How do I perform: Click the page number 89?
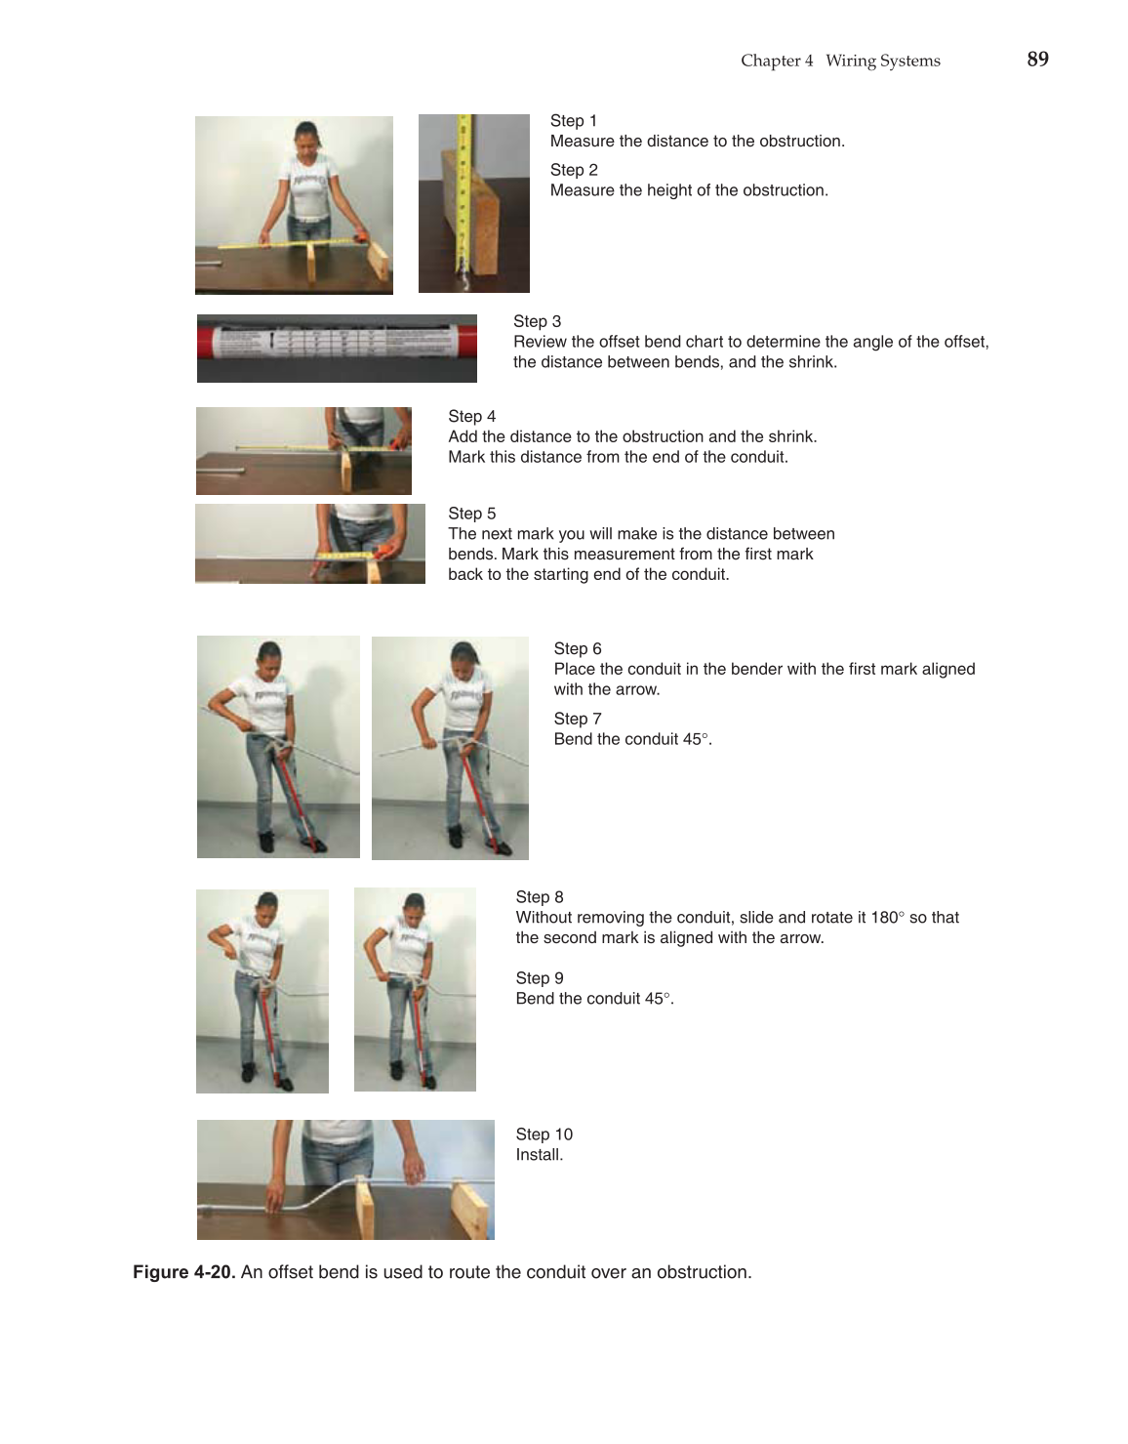(x=1037, y=60)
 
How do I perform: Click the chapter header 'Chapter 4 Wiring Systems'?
(x=840, y=61)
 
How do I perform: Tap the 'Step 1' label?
(x=573, y=121)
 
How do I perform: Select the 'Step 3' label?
(x=537, y=321)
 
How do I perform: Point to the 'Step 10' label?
(x=544, y=1135)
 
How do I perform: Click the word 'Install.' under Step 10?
(x=539, y=1155)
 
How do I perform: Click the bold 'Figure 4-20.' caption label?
(x=183, y=1272)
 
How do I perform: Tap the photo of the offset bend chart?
(x=337, y=348)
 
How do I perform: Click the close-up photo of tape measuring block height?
(x=473, y=203)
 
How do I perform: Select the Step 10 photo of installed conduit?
(x=345, y=1179)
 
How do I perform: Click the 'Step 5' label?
(x=471, y=514)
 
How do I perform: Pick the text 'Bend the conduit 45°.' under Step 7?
(x=632, y=739)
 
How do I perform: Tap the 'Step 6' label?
(x=578, y=649)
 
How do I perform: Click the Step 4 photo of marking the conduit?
(x=303, y=450)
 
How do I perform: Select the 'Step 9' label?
(x=540, y=978)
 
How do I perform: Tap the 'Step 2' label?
(x=574, y=170)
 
